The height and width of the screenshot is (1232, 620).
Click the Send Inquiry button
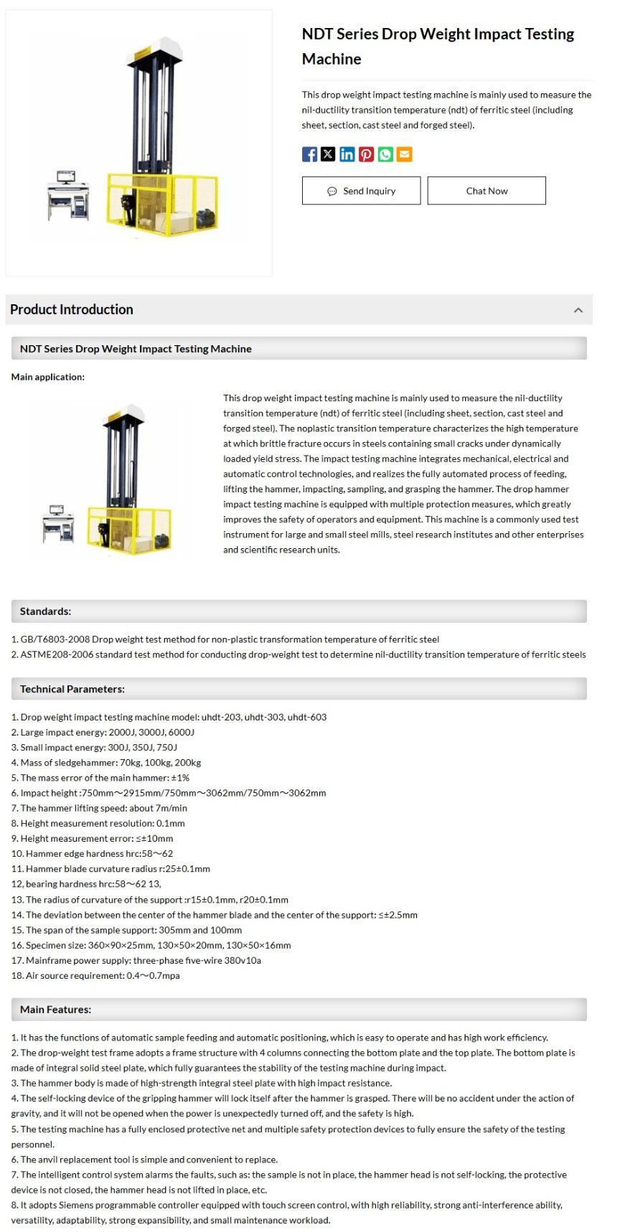pyautogui.click(x=361, y=191)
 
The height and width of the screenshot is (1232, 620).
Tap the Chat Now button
pyautogui.click(x=487, y=191)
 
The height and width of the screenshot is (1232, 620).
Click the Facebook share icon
pyautogui.click(x=309, y=154)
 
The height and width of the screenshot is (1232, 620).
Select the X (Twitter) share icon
pyautogui.click(x=328, y=154)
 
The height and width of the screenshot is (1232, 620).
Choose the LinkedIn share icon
pyautogui.click(x=347, y=154)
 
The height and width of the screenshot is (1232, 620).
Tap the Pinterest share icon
pyautogui.click(x=366, y=154)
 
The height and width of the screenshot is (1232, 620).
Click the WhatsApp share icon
pyautogui.click(x=385, y=154)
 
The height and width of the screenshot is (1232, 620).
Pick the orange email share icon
pyautogui.click(x=404, y=154)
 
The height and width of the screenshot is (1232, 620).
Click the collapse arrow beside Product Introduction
pyautogui.click(x=578, y=310)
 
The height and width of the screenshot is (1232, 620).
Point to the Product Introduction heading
pyautogui.click(x=72, y=309)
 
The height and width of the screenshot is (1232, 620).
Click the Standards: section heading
pyautogui.click(x=45, y=611)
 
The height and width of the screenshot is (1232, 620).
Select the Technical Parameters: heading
pyautogui.click(x=72, y=689)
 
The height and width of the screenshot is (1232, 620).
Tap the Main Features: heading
pyautogui.click(x=55, y=1010)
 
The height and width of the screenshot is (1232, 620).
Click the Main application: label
pyautogui.click(x=47, y=377)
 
